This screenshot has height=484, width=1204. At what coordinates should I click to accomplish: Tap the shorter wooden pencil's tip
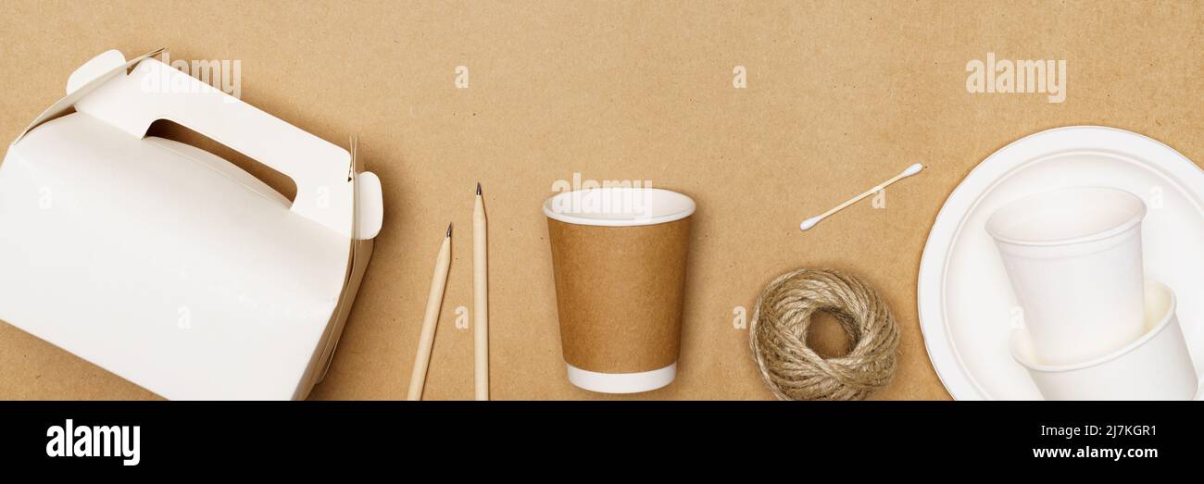click(x=449, y=228)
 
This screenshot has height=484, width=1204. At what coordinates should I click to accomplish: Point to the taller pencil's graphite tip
click(x=478, y=188)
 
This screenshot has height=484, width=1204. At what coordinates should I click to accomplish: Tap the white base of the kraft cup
click(x=621, y=379)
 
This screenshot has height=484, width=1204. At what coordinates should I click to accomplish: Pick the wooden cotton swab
click(x=861, y=196)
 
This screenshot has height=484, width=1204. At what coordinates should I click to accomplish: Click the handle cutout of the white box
click(x=222, y=157)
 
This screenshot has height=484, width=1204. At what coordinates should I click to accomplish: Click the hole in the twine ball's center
click(x=827, y=333)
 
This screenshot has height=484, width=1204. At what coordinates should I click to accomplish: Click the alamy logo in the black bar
click(x=93, y=442)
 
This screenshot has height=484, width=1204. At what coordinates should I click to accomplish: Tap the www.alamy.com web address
click(x=1094, y=453)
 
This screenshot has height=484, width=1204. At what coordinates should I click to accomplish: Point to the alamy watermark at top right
click(x=1015, y=77)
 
